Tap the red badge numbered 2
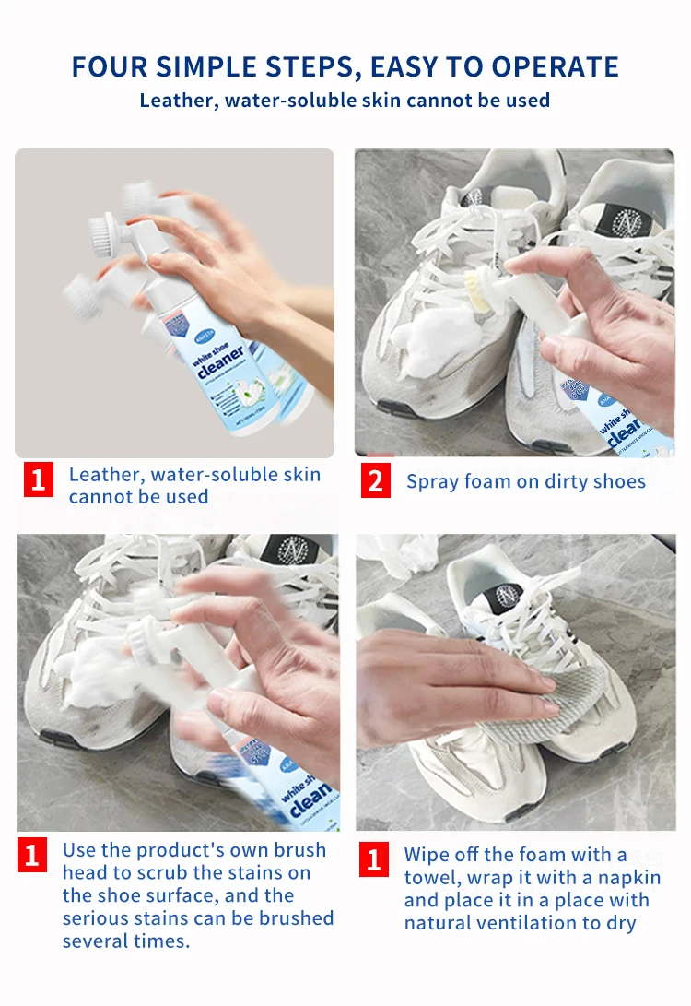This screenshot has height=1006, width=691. point(375,481)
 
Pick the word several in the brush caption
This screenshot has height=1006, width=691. point(99,941)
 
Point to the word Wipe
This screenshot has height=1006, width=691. point(428,854)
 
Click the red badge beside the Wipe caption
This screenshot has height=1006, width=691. point(373,860)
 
